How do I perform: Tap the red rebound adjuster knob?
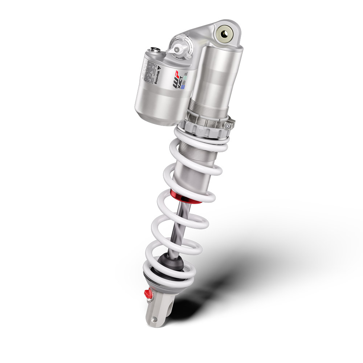click(148, 292)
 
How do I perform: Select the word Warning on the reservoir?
click(156, 76)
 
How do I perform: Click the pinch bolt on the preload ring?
click(228, 126)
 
